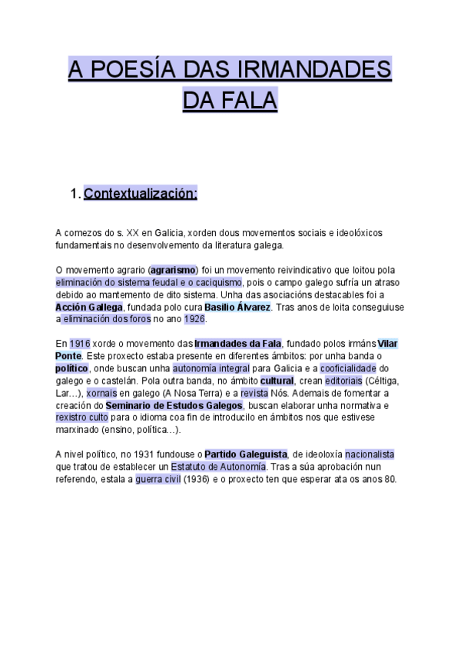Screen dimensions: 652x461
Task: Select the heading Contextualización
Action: (140, 194)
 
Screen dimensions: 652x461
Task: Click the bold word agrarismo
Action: (174, 270)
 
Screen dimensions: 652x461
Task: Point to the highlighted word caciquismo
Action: (212, 282)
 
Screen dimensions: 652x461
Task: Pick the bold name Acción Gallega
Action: (89, 307)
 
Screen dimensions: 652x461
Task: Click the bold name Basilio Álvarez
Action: (237, 307)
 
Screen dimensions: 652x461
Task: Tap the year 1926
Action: (194, 319)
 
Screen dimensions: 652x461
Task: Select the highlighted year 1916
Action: (79, 344)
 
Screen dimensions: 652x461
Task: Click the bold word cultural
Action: (277, 381)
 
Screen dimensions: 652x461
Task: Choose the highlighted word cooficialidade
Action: (348, 368)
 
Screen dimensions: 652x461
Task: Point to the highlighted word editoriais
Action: (342, 381)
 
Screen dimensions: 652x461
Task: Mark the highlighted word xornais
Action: (101, 393)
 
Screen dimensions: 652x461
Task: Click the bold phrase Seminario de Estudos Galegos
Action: (174, 405)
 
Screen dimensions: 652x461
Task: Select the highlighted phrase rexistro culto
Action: (83, 417)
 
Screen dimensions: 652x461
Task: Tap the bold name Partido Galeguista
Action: (245, 454)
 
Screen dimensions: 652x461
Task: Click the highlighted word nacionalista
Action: (369, 454)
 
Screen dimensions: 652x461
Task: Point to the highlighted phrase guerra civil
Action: (158, 479)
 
